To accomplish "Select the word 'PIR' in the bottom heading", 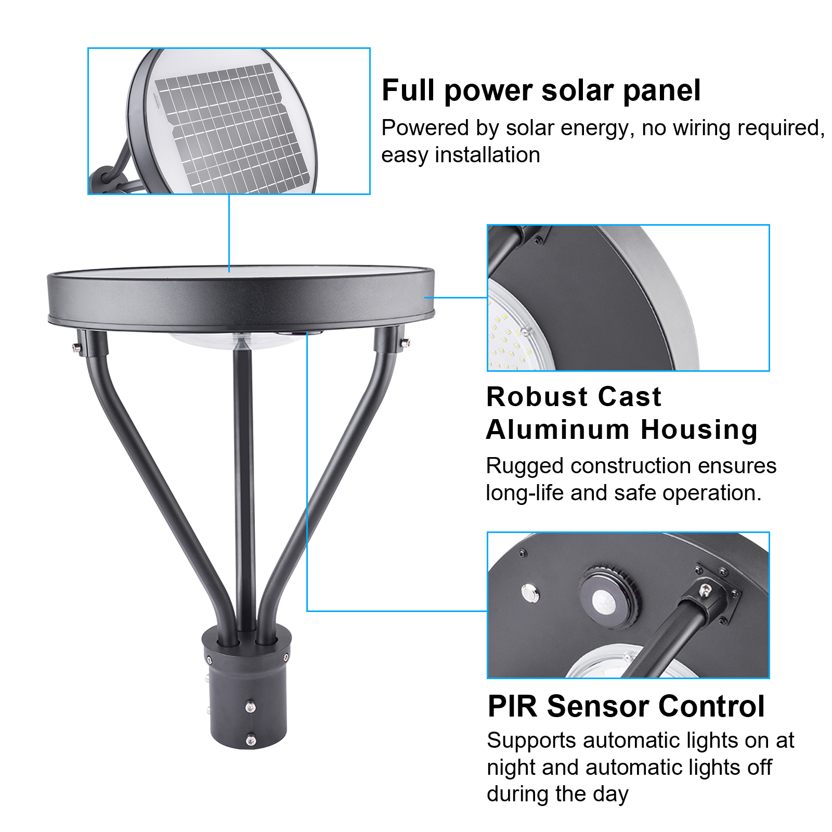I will pyautogui.click(x=512, y=707).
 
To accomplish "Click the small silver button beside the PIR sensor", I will pyautogui.click(x=530, y=593).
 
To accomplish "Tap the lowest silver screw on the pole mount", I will pyautogui.click(x=251, y=739).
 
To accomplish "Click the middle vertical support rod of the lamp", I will pyautogui.click(x=244, y=484).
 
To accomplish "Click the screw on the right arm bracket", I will pyautogui.click(x=405, y=342).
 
